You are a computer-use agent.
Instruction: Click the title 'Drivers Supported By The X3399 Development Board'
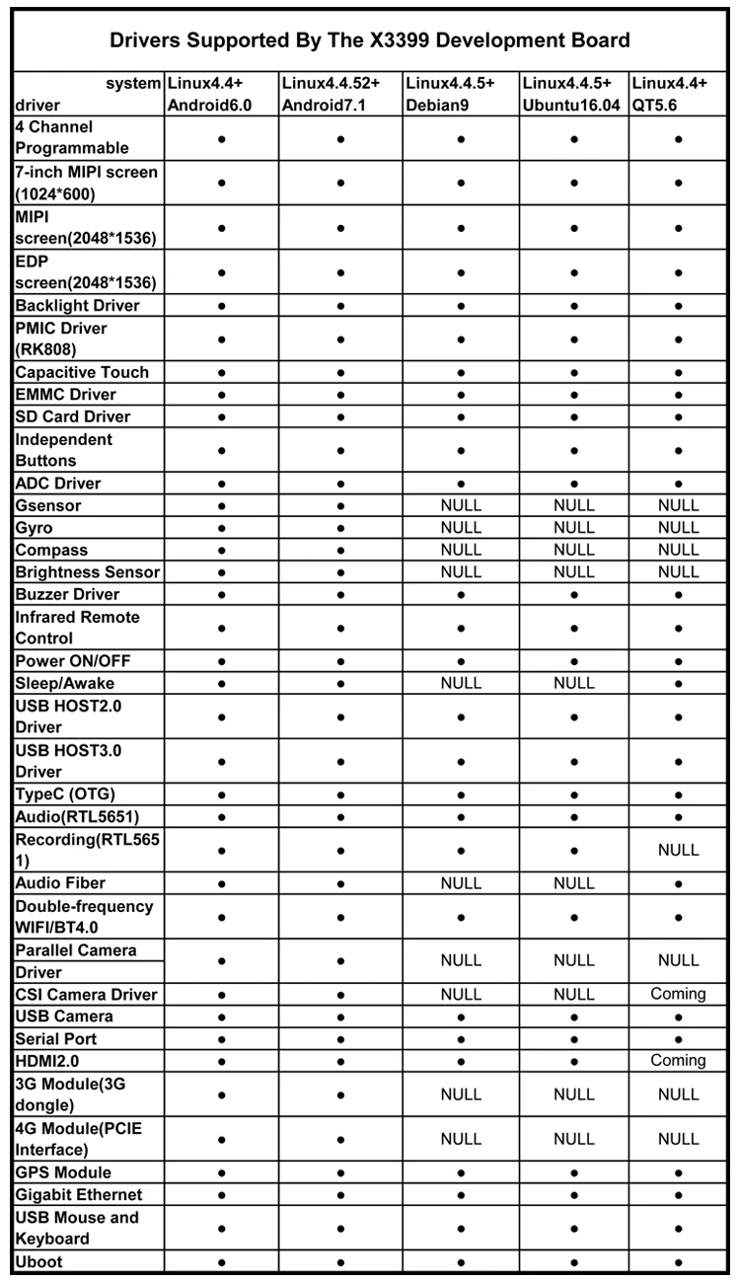[x=370, y=40]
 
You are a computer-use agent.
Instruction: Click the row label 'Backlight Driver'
[x=77, y=306]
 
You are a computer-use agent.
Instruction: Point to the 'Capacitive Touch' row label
[x=82, y=372]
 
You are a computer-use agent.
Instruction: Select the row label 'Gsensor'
[x=48, y=505]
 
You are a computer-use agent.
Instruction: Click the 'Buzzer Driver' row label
[x=67, y=594]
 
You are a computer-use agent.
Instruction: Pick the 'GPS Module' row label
[x=63, y=1172]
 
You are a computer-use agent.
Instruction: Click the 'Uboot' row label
[x=39, y=1261]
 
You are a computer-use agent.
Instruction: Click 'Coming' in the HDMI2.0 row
[x=678, y=1060]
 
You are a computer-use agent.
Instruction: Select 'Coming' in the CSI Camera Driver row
[x=678, y=994]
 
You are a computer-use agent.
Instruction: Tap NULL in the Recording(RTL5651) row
[x=678, y=850]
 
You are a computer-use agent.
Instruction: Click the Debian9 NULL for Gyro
[x=461, y=528]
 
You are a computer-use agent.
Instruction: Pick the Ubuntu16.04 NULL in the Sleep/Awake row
[x=573, y=683]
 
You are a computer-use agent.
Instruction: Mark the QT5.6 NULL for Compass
[x=678, y=550]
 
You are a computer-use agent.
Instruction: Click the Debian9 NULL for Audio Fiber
[x=461, y=883]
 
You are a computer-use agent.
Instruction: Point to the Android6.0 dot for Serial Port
[x=221, y=1039]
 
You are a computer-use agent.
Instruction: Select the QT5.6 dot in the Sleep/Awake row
[x=678, y=683]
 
